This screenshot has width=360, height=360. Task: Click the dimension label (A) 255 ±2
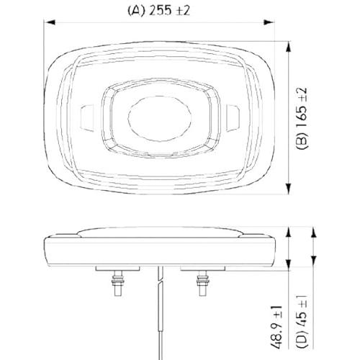158,11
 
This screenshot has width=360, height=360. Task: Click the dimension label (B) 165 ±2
302,119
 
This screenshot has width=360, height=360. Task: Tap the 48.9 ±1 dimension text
276,328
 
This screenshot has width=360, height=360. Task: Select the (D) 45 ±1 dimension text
302,322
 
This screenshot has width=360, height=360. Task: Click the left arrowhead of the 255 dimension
50,22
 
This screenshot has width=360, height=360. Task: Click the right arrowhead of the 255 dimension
269,22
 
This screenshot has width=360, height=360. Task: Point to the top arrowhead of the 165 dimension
289,47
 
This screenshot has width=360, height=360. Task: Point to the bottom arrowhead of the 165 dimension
289,188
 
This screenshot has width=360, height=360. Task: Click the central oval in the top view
160,119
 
